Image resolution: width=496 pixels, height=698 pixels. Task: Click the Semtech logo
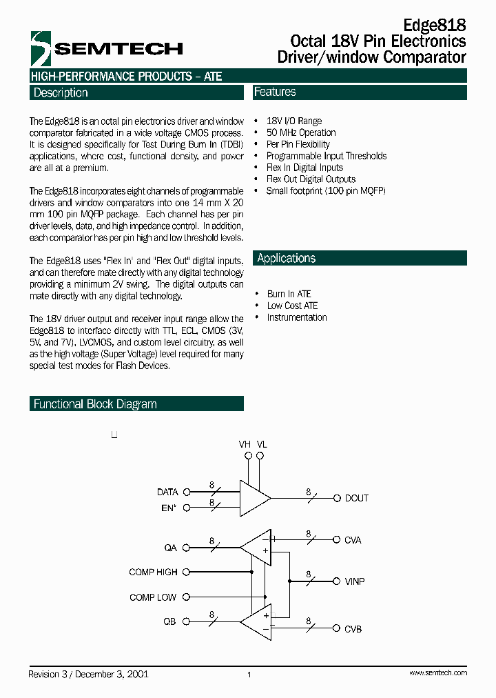[x=106, y=48]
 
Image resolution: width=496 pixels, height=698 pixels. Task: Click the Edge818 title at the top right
[x=434, y=25]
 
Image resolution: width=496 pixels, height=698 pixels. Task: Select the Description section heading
[x=61, y=92]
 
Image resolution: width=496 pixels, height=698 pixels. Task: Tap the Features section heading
[x=275, y=92]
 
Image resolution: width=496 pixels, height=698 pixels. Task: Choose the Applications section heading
[x=286, y=258]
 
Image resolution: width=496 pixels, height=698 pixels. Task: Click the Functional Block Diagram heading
[x=95, y=404]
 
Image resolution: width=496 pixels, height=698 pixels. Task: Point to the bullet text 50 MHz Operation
[x=301, y=132]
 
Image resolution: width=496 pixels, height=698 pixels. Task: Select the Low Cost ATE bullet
[x=292, y=306]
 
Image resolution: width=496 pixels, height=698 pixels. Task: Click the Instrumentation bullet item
[x=297, y=317]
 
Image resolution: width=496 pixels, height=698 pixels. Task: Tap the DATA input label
[x=167, y=492]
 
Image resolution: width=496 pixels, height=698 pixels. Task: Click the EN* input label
[x=169, y=508]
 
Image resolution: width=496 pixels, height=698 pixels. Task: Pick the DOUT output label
[x=356, y=498]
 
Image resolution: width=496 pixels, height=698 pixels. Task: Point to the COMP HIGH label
[x=153, y=572]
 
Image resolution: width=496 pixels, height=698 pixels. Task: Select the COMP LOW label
[x=153, y=597]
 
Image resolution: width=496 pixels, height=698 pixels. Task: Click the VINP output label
[x=354, y=581]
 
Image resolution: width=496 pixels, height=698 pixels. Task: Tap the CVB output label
[x=353, y=628]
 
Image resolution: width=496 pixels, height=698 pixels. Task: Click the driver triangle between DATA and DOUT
[x=253, y=498]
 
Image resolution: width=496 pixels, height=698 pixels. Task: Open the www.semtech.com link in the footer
[x=438, y=673]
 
